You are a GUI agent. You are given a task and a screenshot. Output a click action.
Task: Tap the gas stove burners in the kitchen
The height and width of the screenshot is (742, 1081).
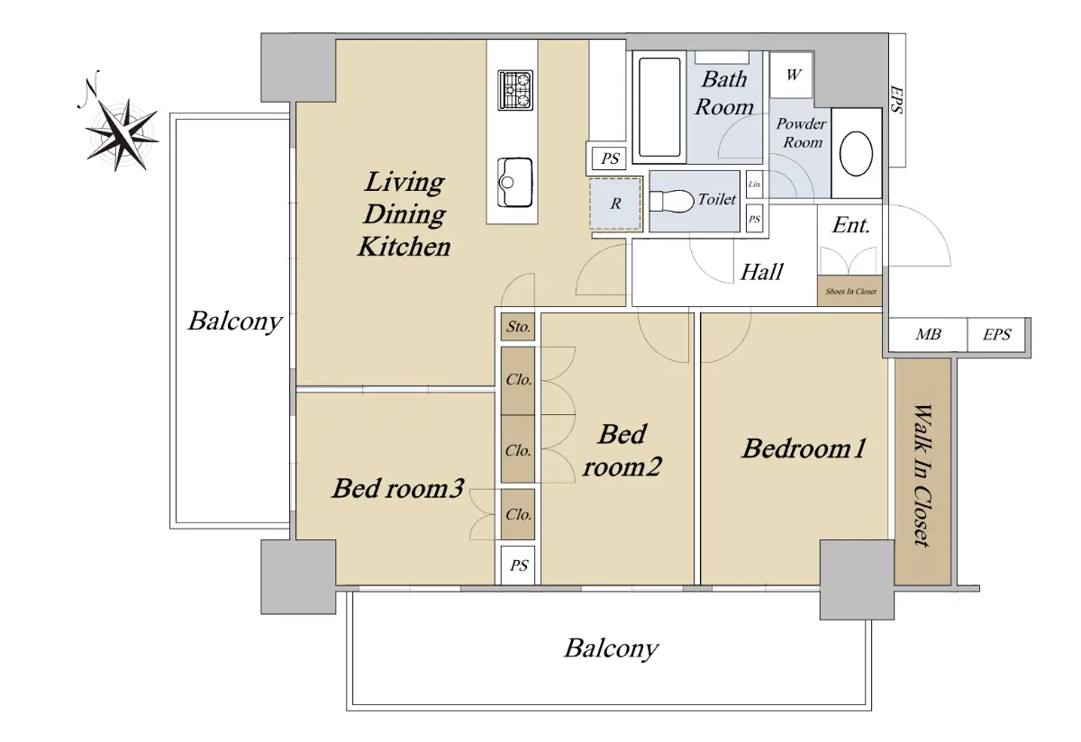point(515,90)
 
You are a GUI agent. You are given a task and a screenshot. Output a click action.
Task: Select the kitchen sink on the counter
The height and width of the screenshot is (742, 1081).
point(515,182)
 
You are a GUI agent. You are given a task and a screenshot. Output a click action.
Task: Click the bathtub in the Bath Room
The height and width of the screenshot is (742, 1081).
point(659,107)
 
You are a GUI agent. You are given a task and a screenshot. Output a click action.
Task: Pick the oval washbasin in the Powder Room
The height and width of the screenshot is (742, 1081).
point(856,154)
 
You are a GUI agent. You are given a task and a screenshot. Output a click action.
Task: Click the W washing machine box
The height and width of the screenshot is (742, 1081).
point(792,76)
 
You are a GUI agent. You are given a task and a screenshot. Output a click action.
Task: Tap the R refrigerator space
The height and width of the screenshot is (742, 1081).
point(615,204)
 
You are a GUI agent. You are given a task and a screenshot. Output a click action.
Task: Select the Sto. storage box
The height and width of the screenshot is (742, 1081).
point(518,327)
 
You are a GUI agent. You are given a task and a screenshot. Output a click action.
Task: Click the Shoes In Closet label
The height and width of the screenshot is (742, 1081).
point(850,292)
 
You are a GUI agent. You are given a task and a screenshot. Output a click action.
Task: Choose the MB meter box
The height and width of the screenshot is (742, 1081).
point(928,334)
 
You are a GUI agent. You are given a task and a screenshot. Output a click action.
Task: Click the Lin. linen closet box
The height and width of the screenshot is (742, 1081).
point(754,185)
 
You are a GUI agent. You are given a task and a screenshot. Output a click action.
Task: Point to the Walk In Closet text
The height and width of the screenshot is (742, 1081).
point(922,475)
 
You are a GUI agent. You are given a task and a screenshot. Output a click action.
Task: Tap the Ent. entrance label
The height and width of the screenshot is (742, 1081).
point(850,225)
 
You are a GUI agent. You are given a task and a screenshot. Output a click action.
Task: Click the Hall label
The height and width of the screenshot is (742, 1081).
point(762,272)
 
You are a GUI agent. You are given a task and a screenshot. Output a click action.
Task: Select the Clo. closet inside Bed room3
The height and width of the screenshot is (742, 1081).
point(518,514)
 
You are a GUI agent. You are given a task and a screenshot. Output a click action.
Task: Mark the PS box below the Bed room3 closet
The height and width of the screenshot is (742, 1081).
point(518,566)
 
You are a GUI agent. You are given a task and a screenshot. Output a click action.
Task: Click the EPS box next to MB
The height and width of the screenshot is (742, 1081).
point(996,334)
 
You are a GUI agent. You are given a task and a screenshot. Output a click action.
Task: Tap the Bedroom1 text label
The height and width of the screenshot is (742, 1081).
point(804,448)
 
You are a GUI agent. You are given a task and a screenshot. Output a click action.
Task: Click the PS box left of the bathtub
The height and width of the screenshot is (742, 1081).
point(609,158)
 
